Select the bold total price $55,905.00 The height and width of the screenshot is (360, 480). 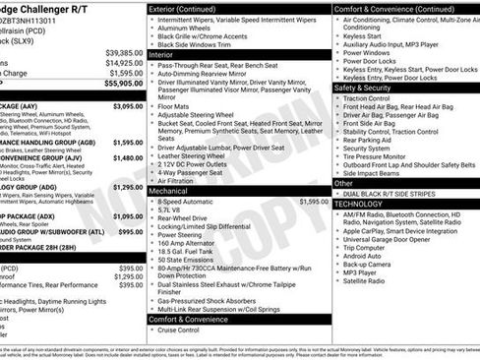pos(123,85)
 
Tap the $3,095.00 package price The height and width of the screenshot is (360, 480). pos(128,105)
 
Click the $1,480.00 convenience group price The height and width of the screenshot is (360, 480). pos(128,156)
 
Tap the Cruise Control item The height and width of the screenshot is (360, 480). pos(183,330)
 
